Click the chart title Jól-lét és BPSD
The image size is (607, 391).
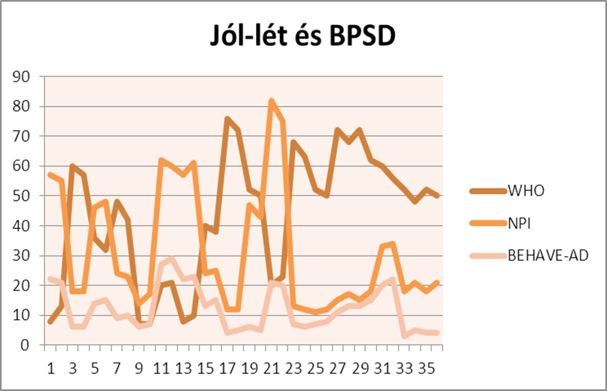pyautogui.click(x=303, y=37)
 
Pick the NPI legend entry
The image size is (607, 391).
pyautogui.click(x=521, y=224)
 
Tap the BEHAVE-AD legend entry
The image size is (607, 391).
pyautogui.click(x=548, y=256)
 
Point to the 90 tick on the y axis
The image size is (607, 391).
pyautogui.click(x=24, y=77)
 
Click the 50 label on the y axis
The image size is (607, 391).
pyautogui.click(x=24, y=196)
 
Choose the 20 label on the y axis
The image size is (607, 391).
pyautogui.click(x=24, y=286)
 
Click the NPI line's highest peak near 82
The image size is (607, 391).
pyautogui.click(x=272, y=100)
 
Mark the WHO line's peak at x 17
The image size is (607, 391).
pyautogui.click(x=228, y=119)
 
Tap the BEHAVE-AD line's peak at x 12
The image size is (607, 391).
pyautogui.click(x=172, y=259)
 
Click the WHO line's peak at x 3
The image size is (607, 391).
pyautogui.click(x=73, y=166)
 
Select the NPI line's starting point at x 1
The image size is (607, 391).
pyautogui.click(x=51, y=175)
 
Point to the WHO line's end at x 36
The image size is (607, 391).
pyautogui.click(x=438, y=196)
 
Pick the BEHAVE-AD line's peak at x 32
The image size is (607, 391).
pyautogui.click(x=393, y=280)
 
